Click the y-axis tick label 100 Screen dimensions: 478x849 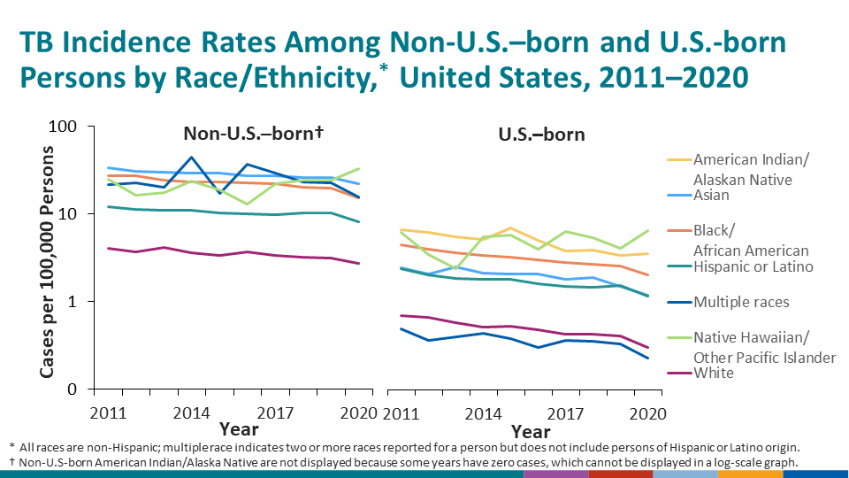pos(74,127)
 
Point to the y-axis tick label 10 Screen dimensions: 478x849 pos(80,214)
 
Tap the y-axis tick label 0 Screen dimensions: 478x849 pos(85,389)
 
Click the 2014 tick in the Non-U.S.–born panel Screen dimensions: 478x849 pos(190,412)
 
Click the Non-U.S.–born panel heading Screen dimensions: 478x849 pos(252,134)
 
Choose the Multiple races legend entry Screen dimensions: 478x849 pos(741,302)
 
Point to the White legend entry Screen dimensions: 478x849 pos(715,373)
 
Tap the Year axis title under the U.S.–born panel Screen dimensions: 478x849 pos(531,432)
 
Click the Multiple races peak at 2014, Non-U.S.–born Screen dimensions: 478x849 pos(191,158)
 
